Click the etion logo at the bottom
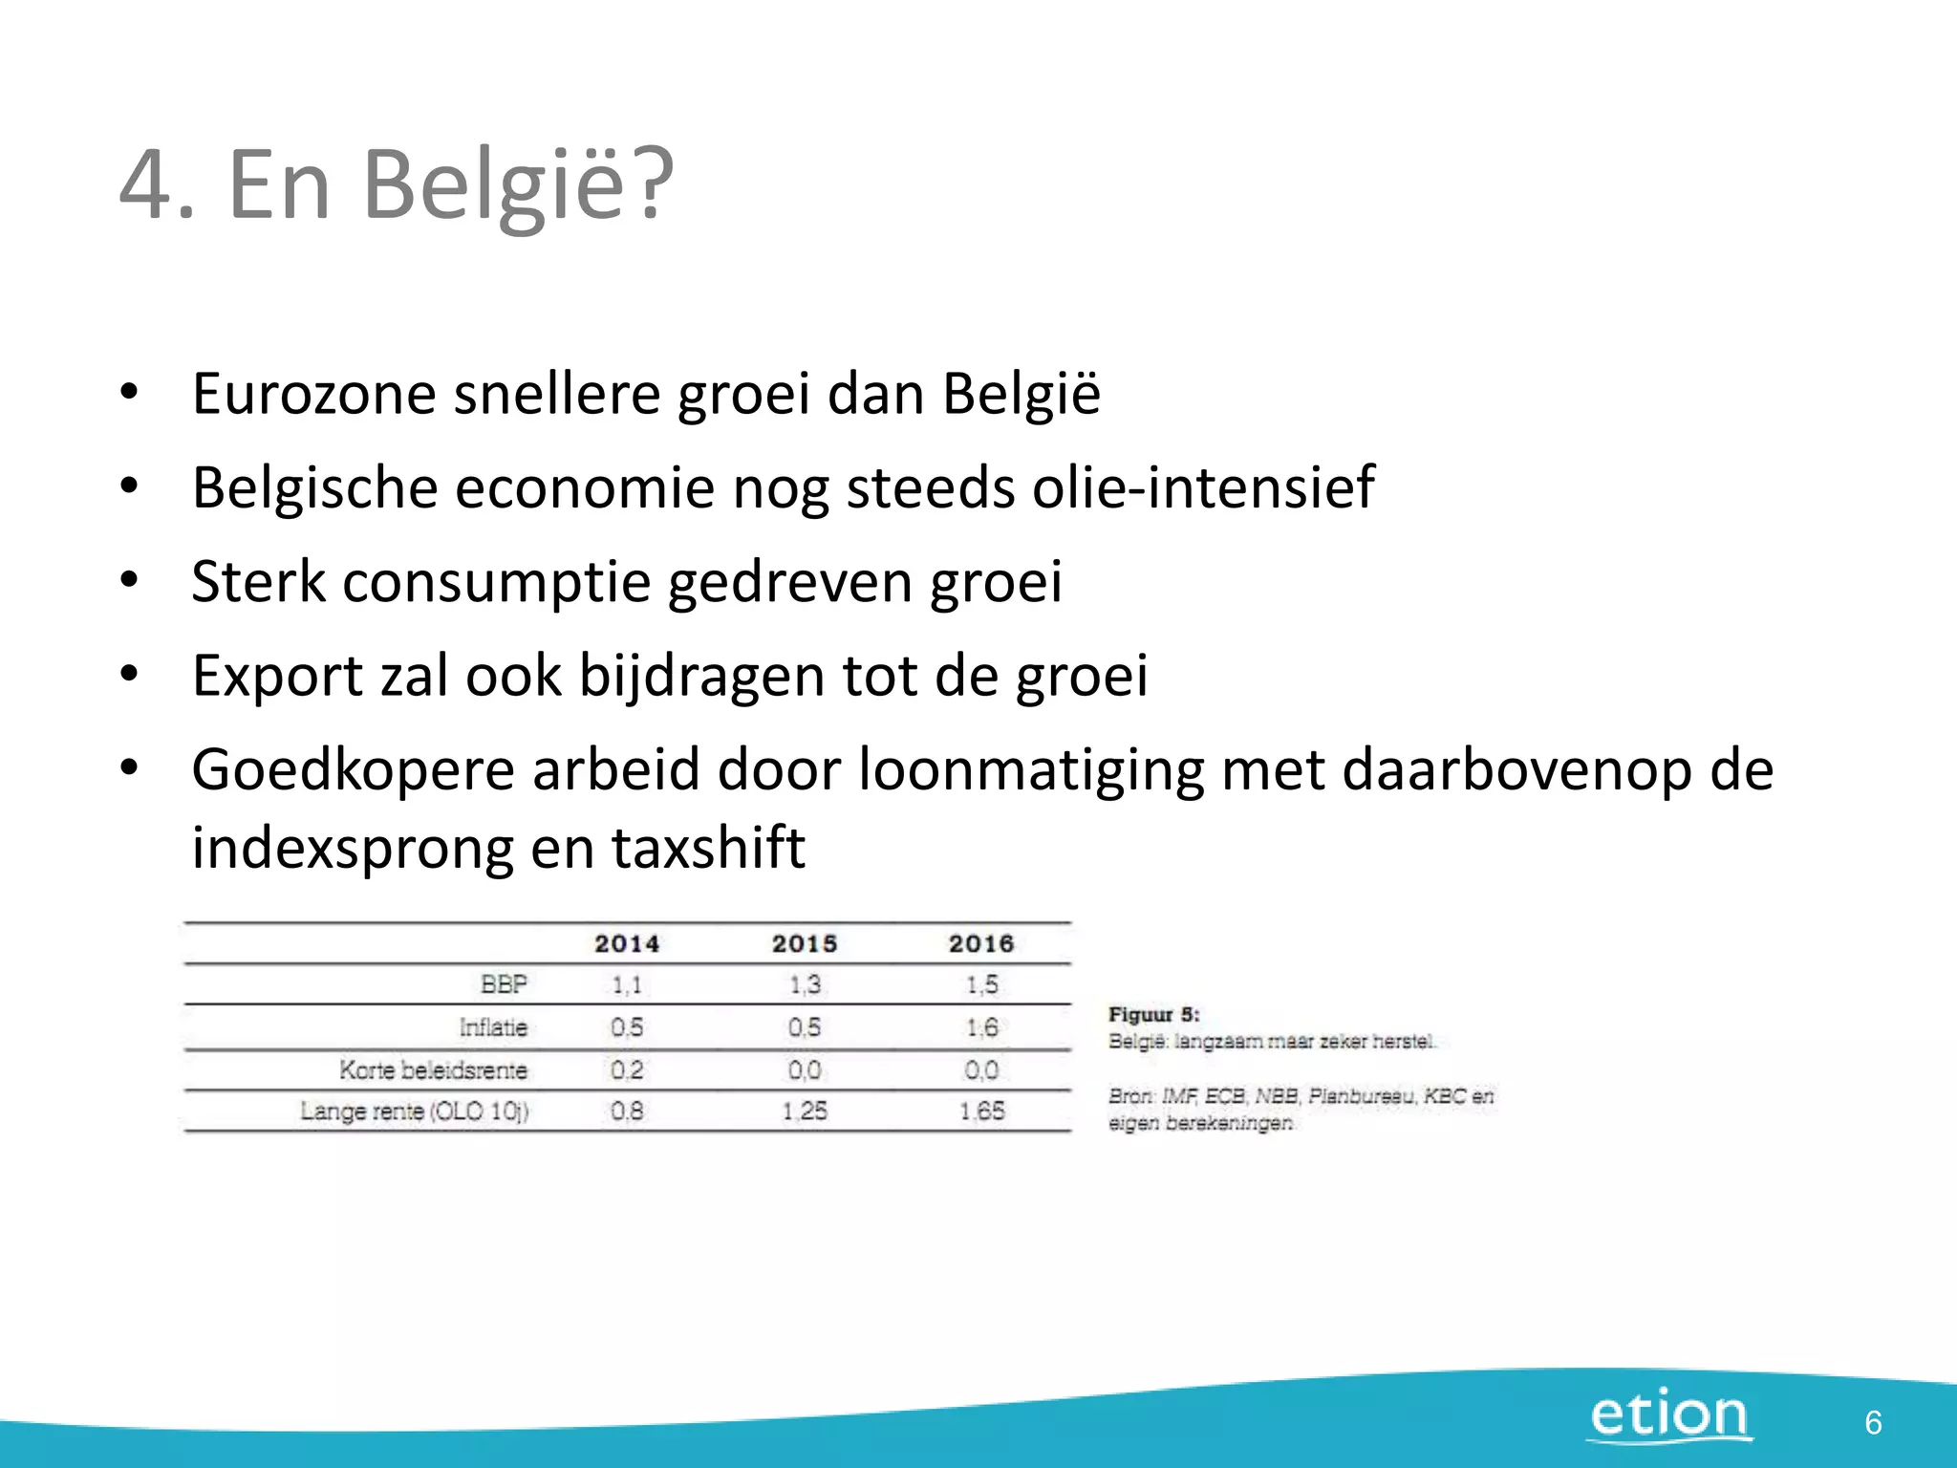[x=1669, y=1415]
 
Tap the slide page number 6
[x=1873, y=1423]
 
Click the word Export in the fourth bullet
[x=277, y=676]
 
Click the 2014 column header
[x=627, y=944]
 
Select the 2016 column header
[x=981, y=944]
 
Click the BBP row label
[x=504, y=984]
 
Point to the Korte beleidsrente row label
[x=433, y=1069]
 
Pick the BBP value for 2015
[x=805, y=984]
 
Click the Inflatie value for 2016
[x=981, y=1027]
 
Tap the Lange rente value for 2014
[x=627, y=1111]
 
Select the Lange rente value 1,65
[x=981, y=1111]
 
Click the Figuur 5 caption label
[x=1153, y=1015]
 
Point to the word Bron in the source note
[x=1130, y=1096]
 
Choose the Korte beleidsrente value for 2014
[x=627, y=1069]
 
